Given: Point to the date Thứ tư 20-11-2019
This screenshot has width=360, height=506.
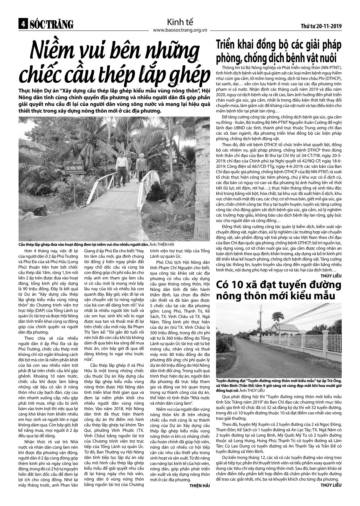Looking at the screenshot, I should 321,26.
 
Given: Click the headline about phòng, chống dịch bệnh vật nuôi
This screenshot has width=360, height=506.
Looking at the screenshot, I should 279,51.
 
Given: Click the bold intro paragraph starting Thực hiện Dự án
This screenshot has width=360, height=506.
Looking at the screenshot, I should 114,101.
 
